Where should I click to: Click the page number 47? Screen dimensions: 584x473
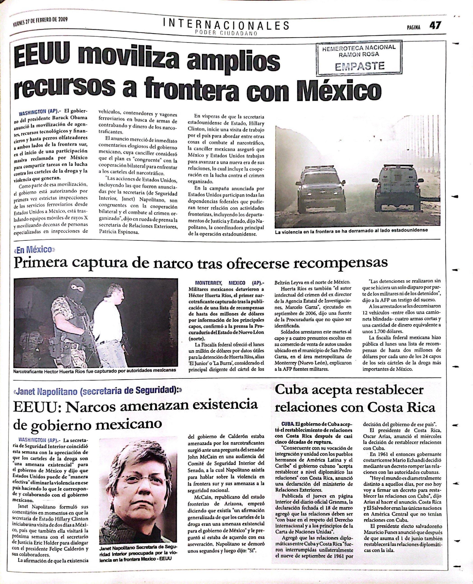click(x=435, y=26)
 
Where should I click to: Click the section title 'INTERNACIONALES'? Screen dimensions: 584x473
click(x=226, y=25)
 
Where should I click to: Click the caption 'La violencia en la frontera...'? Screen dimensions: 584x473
click(x=352, y=230)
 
